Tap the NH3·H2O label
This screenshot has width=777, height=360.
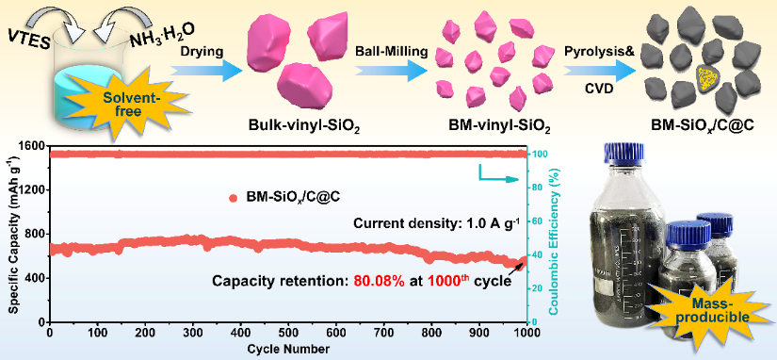pos(163,36)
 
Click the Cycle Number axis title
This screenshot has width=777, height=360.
pos(289,348)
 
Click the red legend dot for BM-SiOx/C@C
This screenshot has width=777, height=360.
pos(234,198)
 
